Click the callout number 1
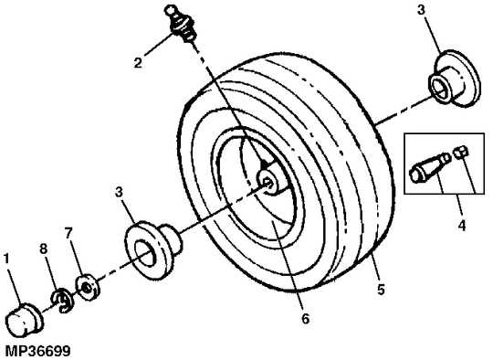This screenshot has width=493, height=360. [7, 259]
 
